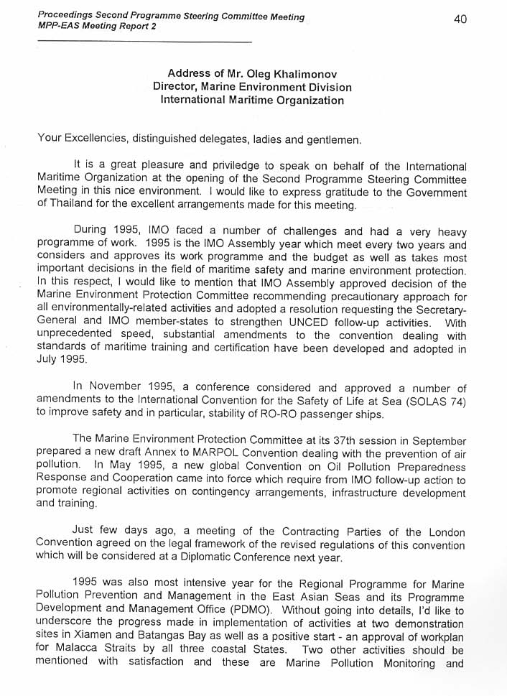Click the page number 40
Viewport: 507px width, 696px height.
pos(460,19)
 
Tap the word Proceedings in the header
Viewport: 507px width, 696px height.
pos(66,16)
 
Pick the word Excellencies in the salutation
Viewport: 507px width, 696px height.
pos(94,139)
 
